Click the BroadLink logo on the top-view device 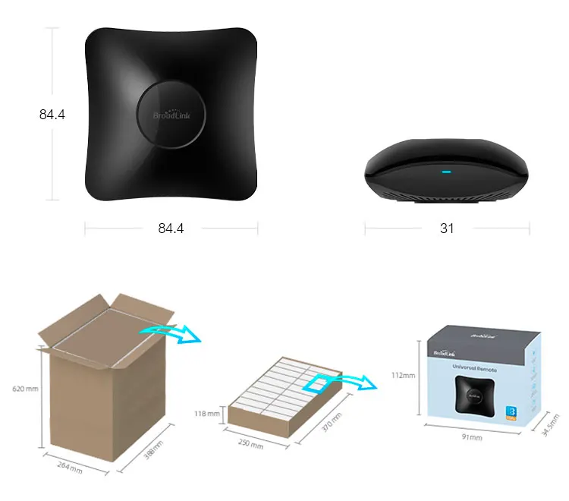(170, 115)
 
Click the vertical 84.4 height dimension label (52, 115)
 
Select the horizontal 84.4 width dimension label (171, 228)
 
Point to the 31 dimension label (447, 228)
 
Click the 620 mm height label (25, 389)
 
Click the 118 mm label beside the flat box (207, 414)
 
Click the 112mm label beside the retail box (404, 375)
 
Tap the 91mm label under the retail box (471, 437)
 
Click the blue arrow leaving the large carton (170, 332)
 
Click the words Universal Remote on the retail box (474, 367)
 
